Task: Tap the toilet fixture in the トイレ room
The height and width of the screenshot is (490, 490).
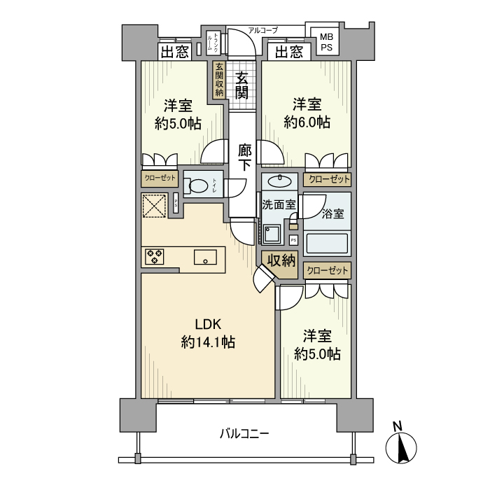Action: [x=199, y=186]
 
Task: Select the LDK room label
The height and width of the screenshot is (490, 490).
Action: [x=207, y=325]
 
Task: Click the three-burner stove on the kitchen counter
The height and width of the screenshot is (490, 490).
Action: [x=154, y=256]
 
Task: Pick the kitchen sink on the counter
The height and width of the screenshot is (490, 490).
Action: [x=205, y=257]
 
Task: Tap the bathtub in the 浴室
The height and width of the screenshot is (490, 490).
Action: [x=327, y=242]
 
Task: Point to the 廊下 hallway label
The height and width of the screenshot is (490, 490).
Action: [x=244, y=157]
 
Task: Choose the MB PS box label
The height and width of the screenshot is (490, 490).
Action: [x=327, y=41]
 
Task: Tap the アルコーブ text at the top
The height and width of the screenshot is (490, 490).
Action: [x=263, y=30]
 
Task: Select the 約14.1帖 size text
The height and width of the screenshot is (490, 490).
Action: [x=207, y=342]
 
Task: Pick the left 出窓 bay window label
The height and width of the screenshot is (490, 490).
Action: [x=174, y=51]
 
